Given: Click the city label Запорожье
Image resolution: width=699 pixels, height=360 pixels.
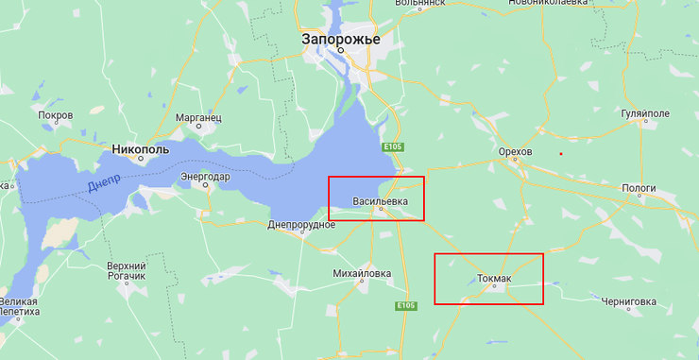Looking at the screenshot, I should pos(340,40).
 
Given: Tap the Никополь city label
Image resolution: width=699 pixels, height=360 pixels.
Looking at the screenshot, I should pos(140,149).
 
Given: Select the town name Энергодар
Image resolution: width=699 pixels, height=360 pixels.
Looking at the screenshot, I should pos(205,176).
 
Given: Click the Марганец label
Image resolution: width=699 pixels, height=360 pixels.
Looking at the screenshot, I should pos(198,116).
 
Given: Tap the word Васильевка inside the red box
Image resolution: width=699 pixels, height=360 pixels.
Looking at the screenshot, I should pos(380,201).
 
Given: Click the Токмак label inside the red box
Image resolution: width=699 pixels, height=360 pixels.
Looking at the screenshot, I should pos(494,279).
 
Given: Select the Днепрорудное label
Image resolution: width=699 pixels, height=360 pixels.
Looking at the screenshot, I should pos(301,225).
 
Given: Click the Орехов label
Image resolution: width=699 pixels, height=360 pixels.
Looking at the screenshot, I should pos(515,151).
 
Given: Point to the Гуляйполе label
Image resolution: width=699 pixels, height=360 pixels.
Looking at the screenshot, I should pos(645,113).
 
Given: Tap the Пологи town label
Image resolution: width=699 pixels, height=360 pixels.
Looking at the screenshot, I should pos(639,188).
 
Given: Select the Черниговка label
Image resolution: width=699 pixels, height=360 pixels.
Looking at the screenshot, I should pos(628,301).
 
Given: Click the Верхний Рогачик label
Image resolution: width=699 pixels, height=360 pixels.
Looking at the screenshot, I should pos(126,271).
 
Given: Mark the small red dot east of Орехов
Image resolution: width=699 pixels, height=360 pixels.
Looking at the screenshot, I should pos(561,153).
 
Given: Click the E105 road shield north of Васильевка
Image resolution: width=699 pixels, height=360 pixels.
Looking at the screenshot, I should pos(394,147).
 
